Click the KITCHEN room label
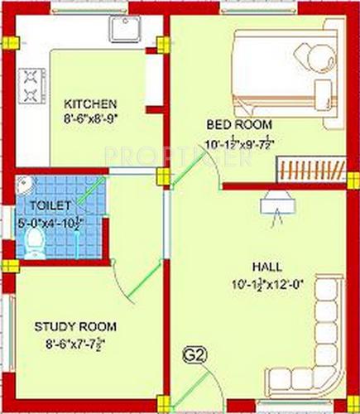coord(91,104)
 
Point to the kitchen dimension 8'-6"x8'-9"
coord(91,118)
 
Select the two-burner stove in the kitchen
coord(31,84)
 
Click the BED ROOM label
coord(229,124)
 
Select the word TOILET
coord(45,203)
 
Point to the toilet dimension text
coord(52,221)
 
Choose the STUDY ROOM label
coord(75,325)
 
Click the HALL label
coord(267,267)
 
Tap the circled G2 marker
coord(192,358)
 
